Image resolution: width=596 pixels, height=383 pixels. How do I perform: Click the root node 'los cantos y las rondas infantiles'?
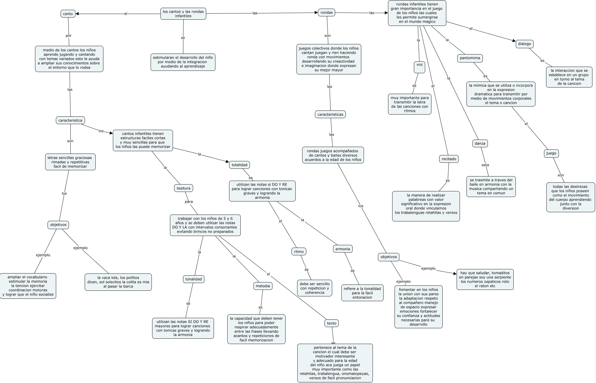pyautogui.click(x=183, y=14)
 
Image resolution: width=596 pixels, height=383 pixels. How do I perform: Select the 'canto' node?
pyautogui.click(x=68, y=14)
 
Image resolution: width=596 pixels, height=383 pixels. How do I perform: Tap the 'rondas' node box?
pyautogui.click(x=327, y=12)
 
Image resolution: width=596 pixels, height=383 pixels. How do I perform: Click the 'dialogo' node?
pyautogui.click(x=524, y=44)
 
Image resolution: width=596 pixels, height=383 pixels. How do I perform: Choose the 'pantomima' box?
pyautogui.click(x=470, y=58)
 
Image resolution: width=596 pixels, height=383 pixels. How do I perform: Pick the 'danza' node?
pyautogui.click(x=480, y=143)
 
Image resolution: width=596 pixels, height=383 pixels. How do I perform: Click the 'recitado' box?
pyautogui.click(x=449, y=159)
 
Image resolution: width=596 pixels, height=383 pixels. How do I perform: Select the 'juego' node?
pyautogui.click(x=551, y=153)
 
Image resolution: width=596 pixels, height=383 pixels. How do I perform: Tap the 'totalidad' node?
pyautogui.click(x=239, y=165)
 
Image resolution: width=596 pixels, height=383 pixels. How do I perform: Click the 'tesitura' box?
pyautogui.click(x=183, y=188)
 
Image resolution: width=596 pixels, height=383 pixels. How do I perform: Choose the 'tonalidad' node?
pyautogui.click(x=193, y=279)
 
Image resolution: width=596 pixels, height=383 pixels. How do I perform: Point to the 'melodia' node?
pyautogui.click(x=263, y=286)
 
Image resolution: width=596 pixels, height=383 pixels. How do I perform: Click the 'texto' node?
pyautogui.click(x=332, y=323)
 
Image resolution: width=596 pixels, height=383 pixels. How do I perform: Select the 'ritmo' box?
pyautogui.click(x=299, y=251)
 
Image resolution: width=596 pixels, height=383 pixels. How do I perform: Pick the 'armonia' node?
pyautogui.click(x=343, y=249)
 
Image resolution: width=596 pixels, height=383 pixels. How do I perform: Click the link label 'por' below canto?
pyautogui.click(x=69, y=36)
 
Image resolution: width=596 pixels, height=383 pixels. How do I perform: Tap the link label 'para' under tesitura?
pyautogui.click(x=189, y=202)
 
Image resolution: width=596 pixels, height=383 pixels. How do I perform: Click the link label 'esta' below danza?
pyautogui.click(x=485, y=165)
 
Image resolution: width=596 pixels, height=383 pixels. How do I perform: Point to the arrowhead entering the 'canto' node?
pyautogui.click(x=78, y=14)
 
